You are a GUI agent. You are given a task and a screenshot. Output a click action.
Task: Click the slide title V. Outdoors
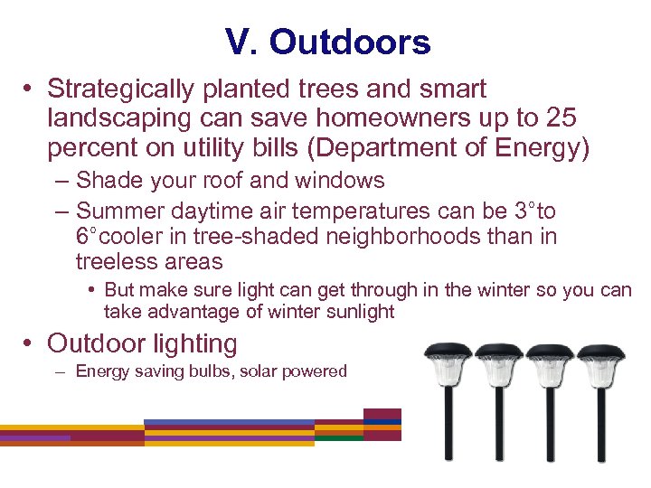click(328, 42)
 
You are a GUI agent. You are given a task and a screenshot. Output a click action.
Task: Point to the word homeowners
click(391, 117)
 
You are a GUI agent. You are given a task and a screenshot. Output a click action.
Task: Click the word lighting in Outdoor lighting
click(194, 343)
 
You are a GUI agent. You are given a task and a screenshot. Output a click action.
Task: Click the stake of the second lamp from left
click(498, 434)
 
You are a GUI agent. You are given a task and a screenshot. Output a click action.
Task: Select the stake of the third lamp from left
click(550, 434)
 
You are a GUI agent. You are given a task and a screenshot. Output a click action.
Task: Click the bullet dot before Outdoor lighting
click(30, 344)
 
